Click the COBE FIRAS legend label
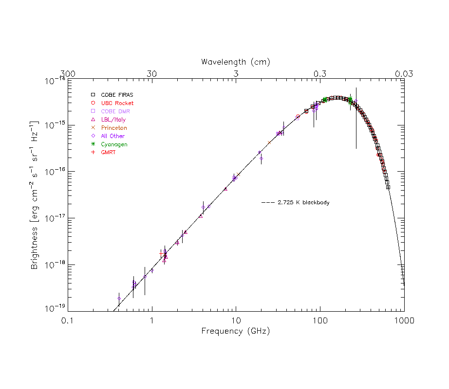coord(117,95)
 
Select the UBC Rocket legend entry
coord(117,103)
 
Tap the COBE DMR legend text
coord(115,111)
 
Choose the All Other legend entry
coord(112,136)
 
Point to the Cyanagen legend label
coord(114,144)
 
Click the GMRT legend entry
coord(109,153)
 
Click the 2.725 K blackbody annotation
coord(303,202)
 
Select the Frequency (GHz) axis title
coord(236,331)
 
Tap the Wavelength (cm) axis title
coord(236,62)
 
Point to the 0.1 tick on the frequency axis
coord(68,321)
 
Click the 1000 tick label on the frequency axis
coord(403,321)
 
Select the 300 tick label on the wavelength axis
coord(68,74)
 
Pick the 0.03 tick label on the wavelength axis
coord(404,74)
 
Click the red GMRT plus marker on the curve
coord(162,254)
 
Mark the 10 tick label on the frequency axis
coord(236,321)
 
